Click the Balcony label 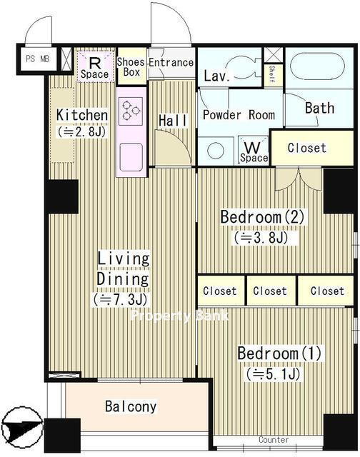(131, 406)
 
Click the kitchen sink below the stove (131, 157)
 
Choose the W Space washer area (253, 151)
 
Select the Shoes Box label (131, 67)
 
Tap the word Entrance (171, 62)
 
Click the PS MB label (38, 59)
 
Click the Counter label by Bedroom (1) (274, 439)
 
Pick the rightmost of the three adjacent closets (326, 291)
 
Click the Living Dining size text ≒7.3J (121, 299)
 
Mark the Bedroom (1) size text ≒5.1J (273, 373)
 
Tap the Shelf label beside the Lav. (271, 74)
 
